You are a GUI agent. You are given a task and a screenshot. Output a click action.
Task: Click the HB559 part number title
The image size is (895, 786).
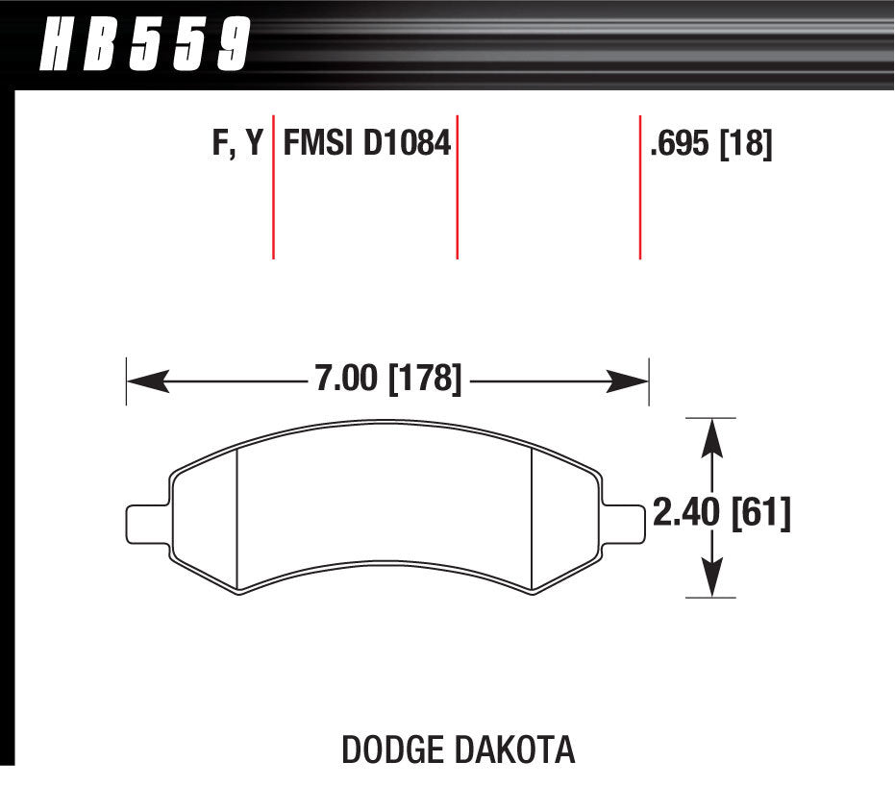coord(144,45)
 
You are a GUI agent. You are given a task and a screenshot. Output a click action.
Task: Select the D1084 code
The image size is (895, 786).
coord(408,145)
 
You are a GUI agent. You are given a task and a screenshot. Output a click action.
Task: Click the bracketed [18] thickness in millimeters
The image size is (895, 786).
coord(747,145)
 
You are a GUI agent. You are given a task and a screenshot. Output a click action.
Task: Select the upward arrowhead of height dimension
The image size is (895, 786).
coord(710,437)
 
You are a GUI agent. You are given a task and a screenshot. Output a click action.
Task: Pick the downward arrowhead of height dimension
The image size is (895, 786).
coord(710,578)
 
